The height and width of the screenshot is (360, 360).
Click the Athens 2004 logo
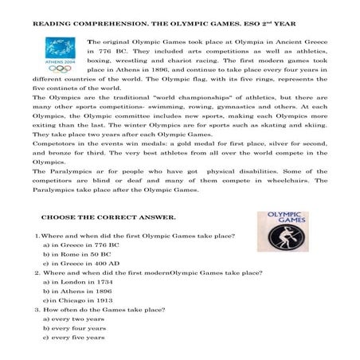(59, 57)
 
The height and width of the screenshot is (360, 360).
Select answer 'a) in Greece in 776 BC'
(79, 247)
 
